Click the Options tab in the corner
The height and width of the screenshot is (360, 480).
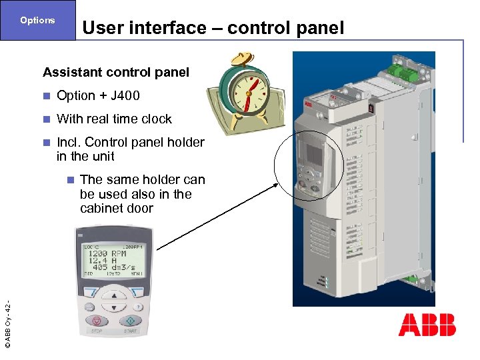(x=37, y=20)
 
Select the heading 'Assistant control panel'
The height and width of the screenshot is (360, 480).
(x=116, y=72)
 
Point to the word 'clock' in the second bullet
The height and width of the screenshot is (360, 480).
(x=156, y=119)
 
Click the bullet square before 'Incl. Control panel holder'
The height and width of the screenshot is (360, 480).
(x=46, y=143)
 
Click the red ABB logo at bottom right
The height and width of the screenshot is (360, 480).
(x=427, y=325)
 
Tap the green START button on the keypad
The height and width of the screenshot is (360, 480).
(x=131, y=321)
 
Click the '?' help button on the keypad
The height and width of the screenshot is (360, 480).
(x=137, y=307)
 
